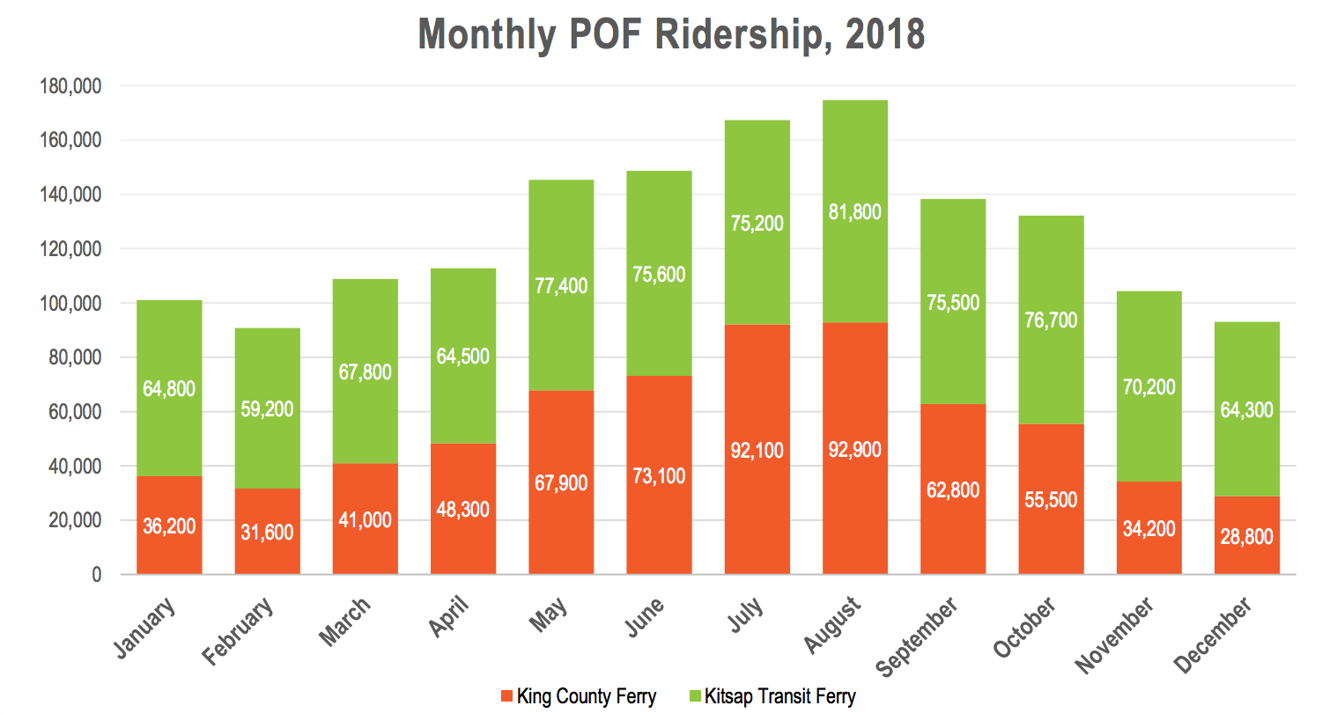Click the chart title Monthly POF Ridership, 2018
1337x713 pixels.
tap(671, 34)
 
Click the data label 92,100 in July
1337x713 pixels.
tap(757, 451)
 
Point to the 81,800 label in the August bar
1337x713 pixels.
tap(854, 212)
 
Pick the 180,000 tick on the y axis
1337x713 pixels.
tap(70, 86)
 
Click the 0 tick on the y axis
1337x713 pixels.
tap(96, 575)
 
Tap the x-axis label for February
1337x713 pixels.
tap(238, 630)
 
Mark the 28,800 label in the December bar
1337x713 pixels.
tap(1246, 537)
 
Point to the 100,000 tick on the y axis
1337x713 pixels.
tap(70, 304)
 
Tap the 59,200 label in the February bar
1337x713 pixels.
tap(267, 409)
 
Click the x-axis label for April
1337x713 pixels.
tap(448, 615)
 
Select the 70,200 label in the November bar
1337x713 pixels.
tap(1149, 387)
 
